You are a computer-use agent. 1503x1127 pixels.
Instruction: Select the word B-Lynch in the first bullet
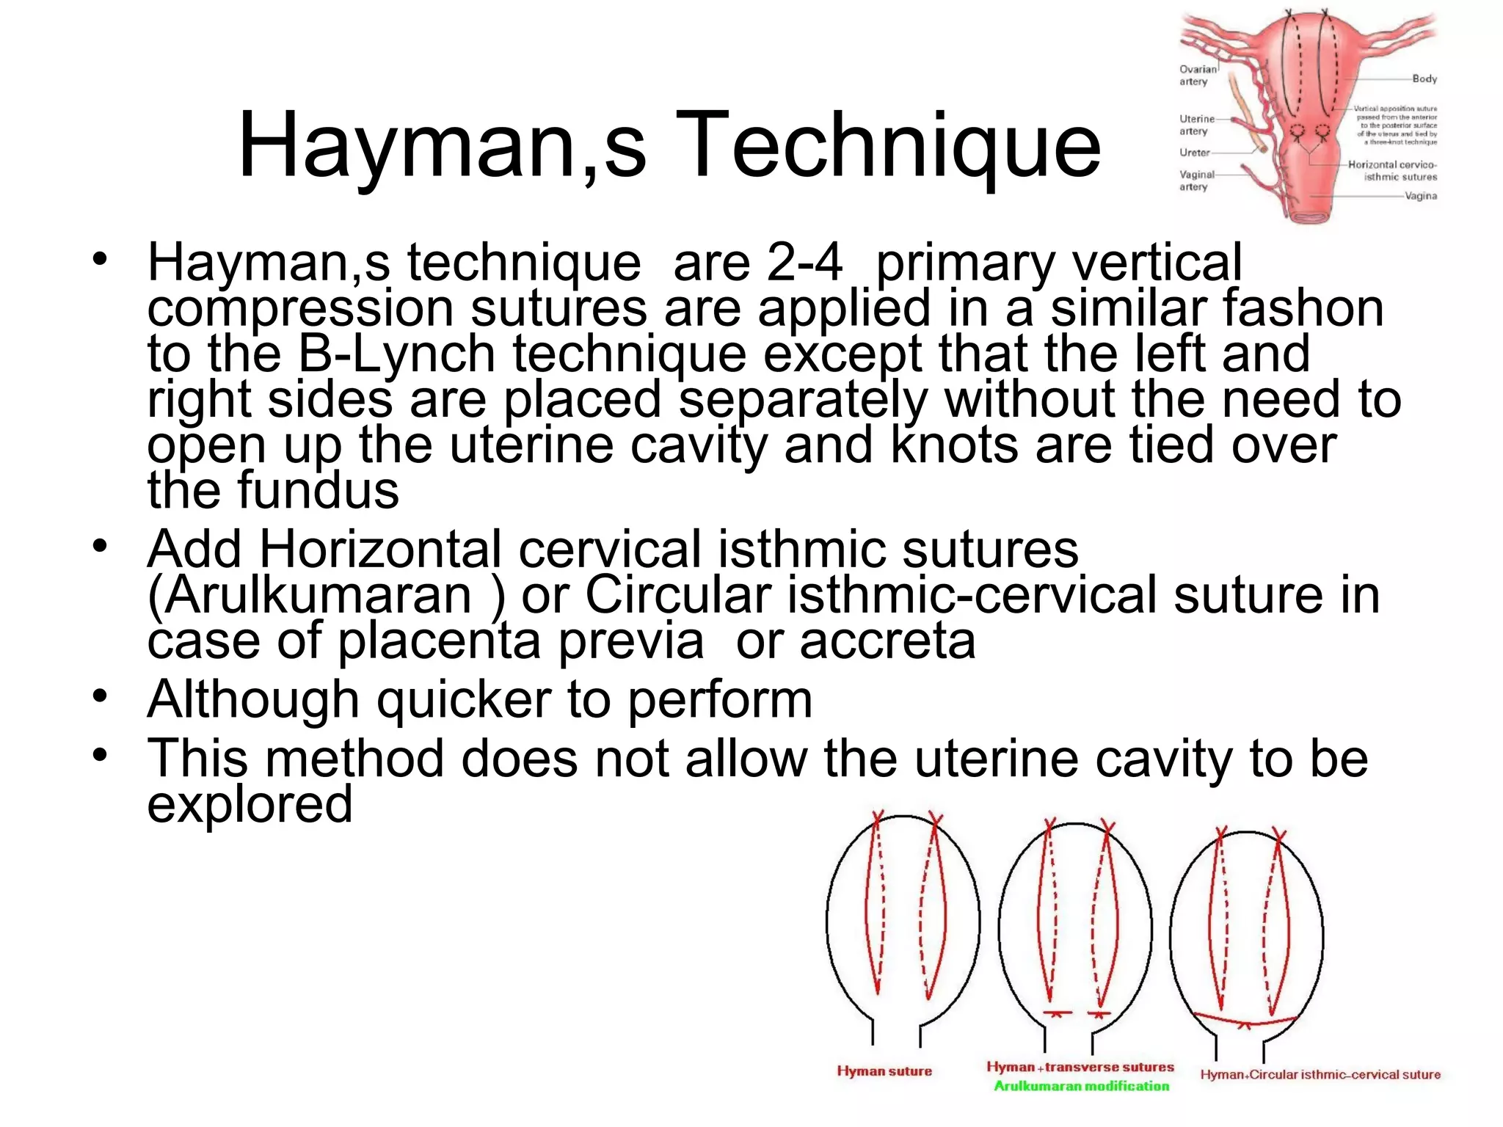point(397,354)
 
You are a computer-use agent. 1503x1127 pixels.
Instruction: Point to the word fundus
point(320,490)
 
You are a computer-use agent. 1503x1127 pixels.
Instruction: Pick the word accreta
point(887,641)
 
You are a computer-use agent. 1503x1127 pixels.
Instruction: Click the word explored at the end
point(250,804)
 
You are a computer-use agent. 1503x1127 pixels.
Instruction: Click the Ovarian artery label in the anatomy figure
point(1197,76)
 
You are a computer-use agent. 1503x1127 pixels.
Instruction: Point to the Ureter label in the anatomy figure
point(1194,153)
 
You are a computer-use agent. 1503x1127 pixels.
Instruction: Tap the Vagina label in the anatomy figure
point(1421,196)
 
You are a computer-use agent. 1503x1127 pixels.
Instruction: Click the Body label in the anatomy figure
point(1424,79)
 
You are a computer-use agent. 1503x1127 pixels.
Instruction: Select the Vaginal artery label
point(1196,180)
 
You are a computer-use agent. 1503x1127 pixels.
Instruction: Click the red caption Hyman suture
point(884,1071)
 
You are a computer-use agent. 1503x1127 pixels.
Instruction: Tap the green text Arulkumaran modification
point(1081,1086)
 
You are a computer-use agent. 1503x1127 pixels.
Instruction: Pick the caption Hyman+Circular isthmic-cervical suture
point(1320,1075)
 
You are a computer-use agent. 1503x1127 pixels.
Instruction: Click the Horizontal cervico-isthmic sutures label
point(1392,171)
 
